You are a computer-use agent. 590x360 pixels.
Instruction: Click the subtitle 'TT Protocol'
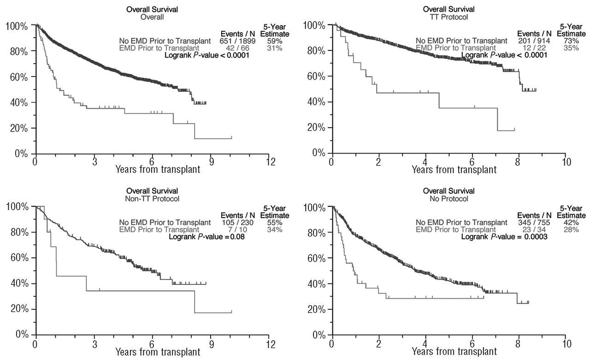click(x=448, y=17)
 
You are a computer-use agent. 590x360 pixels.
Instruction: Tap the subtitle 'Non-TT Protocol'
click(x=153, y=199)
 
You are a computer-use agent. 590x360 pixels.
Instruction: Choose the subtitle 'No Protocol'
click(x=448, y=199)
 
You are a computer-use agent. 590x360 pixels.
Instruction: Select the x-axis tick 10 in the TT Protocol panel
click(x=566, y=162)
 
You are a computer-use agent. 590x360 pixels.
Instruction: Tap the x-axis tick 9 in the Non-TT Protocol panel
click(x=212, y=344)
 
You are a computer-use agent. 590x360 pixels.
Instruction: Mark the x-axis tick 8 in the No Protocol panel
click(x=519, y=344)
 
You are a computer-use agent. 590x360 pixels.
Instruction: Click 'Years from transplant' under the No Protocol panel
click(x=454, y=352)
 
